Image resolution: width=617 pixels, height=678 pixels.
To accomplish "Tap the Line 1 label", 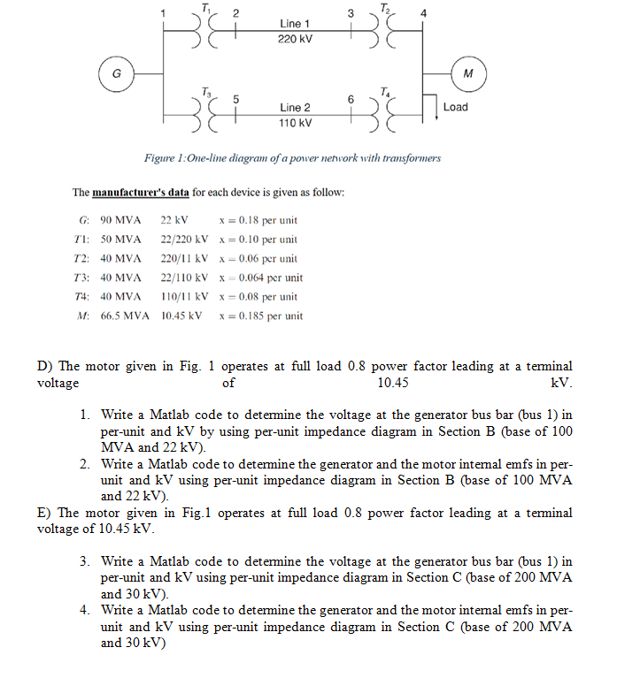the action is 295,22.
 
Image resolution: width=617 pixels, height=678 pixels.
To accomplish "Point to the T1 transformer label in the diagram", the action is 206,7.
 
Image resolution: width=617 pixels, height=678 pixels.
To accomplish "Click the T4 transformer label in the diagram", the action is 383,91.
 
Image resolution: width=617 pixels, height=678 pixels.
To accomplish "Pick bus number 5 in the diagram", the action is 235,97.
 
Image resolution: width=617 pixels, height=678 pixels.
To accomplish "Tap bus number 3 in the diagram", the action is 351,12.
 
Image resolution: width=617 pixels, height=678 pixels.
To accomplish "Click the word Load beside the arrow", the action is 455,107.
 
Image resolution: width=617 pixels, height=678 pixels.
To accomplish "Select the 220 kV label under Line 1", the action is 295,39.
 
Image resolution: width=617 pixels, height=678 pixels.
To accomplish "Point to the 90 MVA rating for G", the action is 120,220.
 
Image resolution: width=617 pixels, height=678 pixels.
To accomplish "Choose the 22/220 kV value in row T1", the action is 184,240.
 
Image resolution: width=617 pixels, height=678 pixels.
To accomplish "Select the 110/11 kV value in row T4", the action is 184,297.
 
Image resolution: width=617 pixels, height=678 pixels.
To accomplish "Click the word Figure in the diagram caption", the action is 161,159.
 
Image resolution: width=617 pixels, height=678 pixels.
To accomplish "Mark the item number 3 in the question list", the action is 83,561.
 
